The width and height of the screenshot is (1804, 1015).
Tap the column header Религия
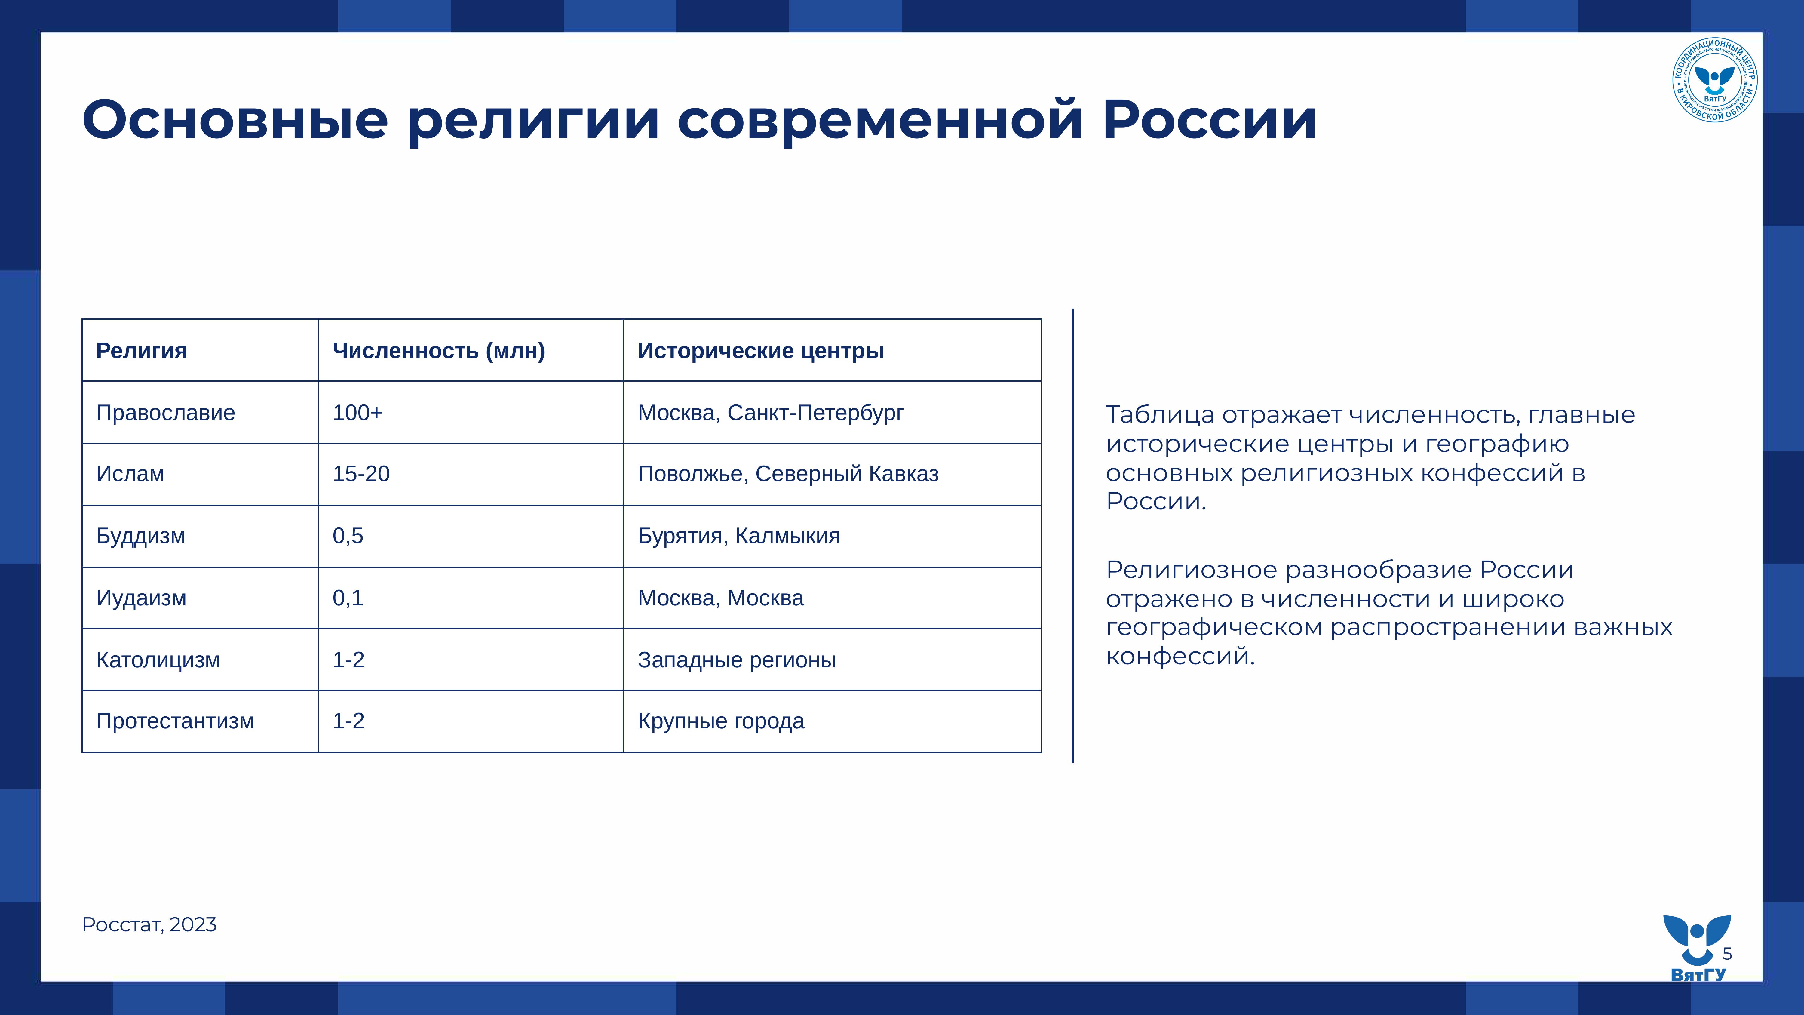tap(141, 350)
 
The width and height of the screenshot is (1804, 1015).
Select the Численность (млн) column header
tap(438, 350)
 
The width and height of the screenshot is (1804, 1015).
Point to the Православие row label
tap(165, 413)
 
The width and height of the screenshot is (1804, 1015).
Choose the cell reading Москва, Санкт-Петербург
tap(770, 413)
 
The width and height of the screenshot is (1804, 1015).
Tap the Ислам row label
tap(130, 474)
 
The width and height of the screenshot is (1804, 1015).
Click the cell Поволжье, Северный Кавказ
tap(788, 474)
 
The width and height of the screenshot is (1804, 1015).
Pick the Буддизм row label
tap(141, 536)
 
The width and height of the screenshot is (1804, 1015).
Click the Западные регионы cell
tap(737, 660)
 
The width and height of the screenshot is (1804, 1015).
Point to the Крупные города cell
tap(721, 721)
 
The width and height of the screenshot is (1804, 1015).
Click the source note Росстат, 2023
tap(149, 925)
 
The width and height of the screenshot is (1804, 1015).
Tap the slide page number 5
tap(1727, 953)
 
